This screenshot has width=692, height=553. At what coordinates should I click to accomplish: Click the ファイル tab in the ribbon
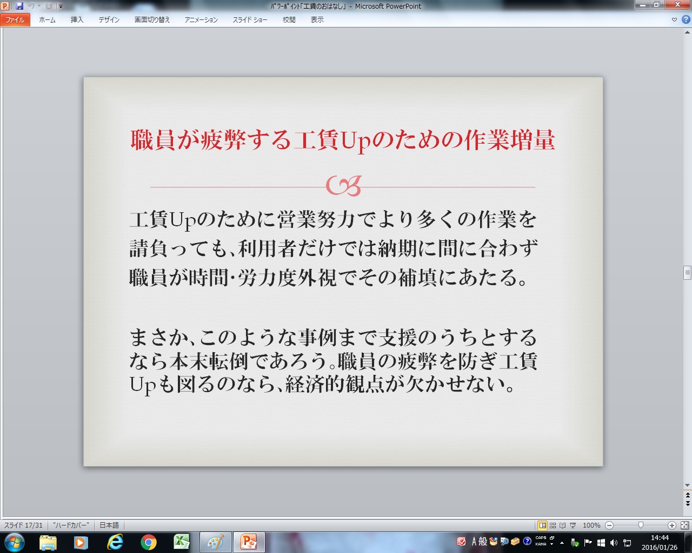(15, 20)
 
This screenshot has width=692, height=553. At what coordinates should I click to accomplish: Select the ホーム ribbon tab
(47, 20)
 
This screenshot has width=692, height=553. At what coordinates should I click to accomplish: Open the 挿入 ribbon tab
(77, 20)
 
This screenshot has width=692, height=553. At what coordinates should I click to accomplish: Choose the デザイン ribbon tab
(109, 20)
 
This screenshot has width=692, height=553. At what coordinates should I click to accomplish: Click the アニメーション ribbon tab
(201, 20)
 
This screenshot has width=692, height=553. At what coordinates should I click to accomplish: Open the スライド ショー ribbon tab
(250, 20)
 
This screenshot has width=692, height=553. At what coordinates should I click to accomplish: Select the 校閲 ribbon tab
(289, 20)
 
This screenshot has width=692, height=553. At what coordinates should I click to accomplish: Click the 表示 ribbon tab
(317, 20)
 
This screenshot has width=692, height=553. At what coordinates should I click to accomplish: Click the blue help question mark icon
(686, 19)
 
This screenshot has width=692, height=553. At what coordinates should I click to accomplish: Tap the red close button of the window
(677, 4)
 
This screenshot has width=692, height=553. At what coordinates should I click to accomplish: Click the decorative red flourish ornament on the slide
(343, 186)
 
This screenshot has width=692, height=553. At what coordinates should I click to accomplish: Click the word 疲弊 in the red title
(224, 140)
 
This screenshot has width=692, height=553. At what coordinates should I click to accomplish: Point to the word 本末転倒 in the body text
(209, 361)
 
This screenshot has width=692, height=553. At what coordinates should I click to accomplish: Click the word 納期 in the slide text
(398, 248)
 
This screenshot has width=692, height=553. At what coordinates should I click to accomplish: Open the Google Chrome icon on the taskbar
(148, 542)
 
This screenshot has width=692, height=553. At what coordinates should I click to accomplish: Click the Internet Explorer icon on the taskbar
(115, 542)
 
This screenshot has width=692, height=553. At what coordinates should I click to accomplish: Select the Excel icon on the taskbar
(182, 542)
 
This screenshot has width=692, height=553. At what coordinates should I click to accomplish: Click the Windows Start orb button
(15, 542)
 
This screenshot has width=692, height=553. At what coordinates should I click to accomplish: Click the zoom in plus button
(671, 525)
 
